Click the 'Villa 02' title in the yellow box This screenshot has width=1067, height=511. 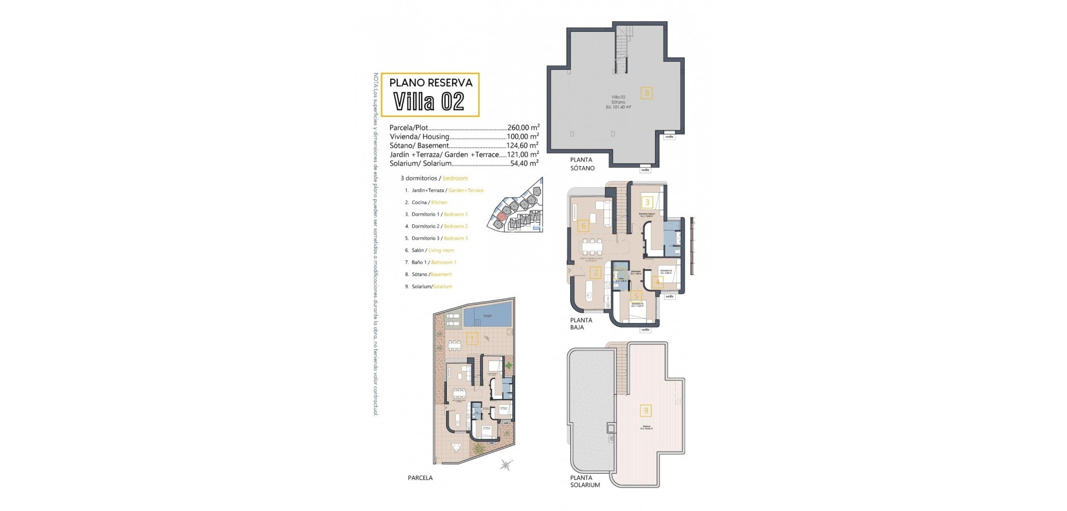(428, 102)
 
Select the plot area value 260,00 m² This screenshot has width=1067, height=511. (523, 128)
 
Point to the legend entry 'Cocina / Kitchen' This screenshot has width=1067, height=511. (429, 202)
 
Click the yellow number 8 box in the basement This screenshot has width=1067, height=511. (646, 93)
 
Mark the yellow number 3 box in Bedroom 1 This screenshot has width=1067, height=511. (647, 203)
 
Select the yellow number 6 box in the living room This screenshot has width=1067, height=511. (583, 226)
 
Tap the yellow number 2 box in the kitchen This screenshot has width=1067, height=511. (596, 272)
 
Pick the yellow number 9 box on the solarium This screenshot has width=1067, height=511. (645, 411)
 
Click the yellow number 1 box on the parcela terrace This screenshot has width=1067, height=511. (472, 338)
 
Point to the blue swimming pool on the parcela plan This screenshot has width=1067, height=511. (487, 315)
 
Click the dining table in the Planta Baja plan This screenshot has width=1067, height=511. (592, 245)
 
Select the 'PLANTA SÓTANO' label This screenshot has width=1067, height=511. (582, 164)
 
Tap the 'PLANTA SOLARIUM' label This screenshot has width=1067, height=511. (585, 481)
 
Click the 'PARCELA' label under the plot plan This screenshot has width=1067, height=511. (420, 478)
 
